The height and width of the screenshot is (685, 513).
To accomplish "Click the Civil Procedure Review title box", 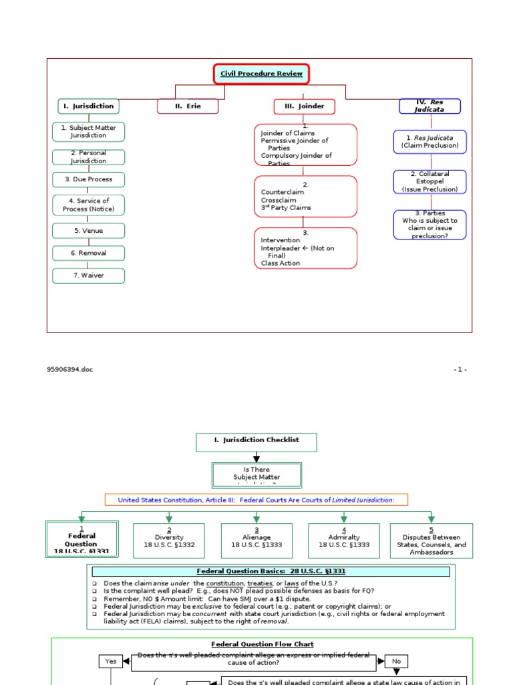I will click(262, 74).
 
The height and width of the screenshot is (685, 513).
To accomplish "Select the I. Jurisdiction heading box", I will click(88, 106).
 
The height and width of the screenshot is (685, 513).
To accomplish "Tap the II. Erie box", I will click(188, 106).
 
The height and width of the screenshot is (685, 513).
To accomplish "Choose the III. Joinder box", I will click(304, 106).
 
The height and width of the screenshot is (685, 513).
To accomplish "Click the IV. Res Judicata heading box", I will click(430, 106).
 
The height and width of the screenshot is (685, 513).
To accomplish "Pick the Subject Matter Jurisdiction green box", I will click(88, 131).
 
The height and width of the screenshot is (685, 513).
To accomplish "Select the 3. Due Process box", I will click(88, 179).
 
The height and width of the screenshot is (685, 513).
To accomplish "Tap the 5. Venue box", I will click(88, 231).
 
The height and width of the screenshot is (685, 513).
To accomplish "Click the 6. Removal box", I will click(88, 254).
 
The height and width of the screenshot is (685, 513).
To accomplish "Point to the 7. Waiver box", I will click(88, 275).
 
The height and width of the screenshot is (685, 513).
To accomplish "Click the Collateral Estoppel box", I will click(430, 181).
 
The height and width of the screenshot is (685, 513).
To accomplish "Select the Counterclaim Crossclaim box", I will click(305, 196).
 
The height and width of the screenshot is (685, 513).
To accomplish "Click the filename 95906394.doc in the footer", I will click(70, 369).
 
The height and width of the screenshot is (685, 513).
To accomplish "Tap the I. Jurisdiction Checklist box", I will click(256, 442).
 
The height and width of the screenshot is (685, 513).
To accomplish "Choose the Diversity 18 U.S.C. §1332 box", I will click(169, 541).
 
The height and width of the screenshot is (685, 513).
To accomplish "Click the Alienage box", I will click(256, 541).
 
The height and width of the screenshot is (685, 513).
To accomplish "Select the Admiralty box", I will click(344, 541).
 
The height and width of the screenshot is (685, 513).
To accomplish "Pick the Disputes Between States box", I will click(432, 541).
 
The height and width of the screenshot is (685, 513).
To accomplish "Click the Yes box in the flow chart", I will click(111, 661).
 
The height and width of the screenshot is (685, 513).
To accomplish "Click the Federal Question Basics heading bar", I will click(271, 571).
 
